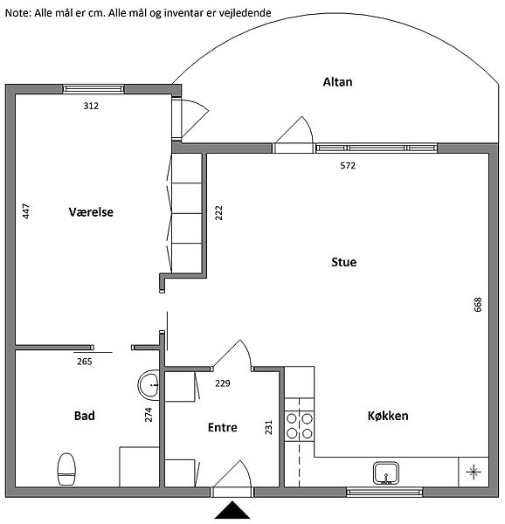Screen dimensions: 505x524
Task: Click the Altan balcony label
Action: pos(337,82)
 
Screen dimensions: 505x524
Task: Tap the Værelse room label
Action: pos(91,212)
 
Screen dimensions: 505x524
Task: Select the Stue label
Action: pos(344,262)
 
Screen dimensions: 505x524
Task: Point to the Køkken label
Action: pos(388,416)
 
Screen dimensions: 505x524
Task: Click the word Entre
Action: pos(222,427)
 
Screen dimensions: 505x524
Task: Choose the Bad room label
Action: pos(84,416)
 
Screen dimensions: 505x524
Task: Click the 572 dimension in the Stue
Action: pos(348,165)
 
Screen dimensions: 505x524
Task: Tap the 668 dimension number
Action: pos(478,305)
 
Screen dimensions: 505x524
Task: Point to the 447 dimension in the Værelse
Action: pos(25,211)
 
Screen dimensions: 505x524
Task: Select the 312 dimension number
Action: pos(91,106)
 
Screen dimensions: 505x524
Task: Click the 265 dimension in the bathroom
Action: pos(84,362)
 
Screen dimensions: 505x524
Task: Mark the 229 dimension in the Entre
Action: pos(223,383)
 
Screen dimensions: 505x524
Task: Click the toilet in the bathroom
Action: pos(66,469)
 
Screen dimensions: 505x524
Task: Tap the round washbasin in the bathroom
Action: pos(149,385)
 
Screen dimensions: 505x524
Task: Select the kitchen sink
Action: pos(386,472)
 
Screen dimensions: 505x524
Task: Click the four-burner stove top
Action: pos(299,426)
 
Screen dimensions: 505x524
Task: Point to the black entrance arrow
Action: pos(232,510)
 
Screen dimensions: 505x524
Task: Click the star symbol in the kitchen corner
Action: pos(474,472)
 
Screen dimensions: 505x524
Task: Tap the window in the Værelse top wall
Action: pos(93,88)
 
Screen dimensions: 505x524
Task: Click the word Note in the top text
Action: pos(17,13)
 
